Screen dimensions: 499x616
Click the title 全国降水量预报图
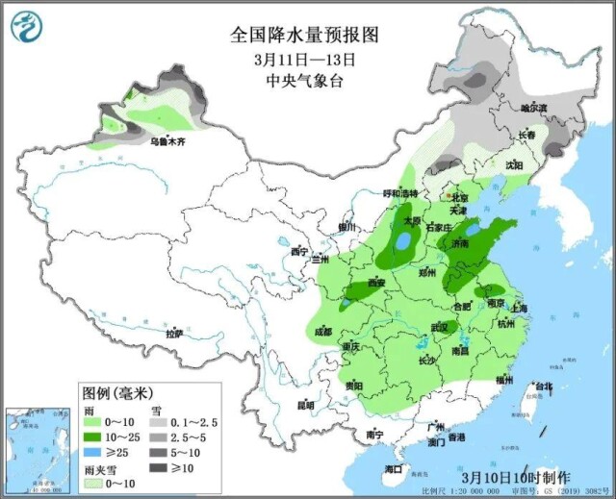305,35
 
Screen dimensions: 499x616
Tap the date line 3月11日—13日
305,59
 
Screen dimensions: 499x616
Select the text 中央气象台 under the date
305,81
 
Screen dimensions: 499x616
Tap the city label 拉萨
173,334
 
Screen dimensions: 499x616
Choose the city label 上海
520,309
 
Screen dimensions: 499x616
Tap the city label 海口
393,467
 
